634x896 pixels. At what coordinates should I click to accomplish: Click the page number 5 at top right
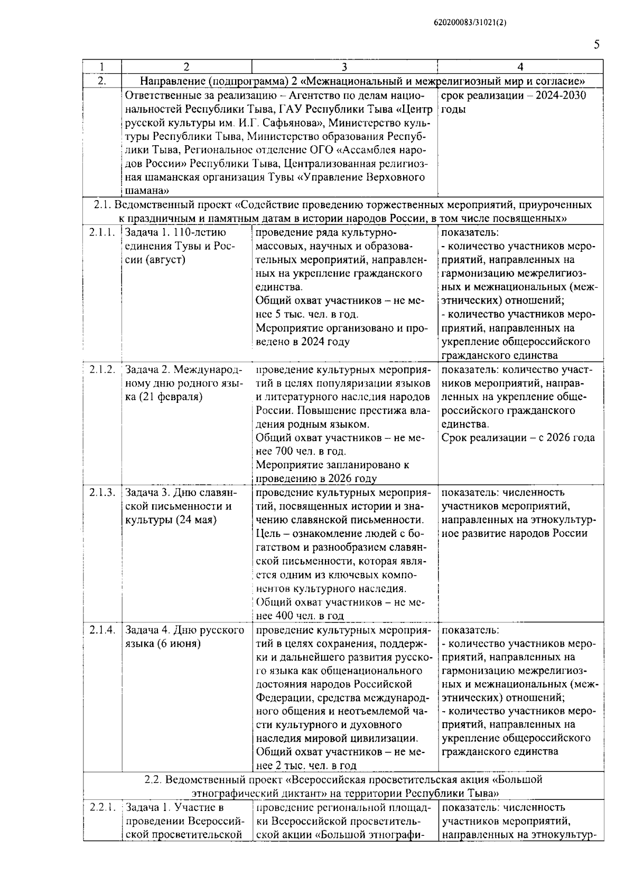click(596, 45)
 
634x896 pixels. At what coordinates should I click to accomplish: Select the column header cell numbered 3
click(344, 67)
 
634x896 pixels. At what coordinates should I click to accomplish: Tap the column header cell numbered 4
click(520, 67)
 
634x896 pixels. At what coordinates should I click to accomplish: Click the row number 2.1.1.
click(102, 232)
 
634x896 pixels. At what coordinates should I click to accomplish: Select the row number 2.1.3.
click(102, 493)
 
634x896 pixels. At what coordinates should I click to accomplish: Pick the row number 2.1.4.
click(102, 630)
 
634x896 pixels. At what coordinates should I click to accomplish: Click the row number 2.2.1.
click(102, 807)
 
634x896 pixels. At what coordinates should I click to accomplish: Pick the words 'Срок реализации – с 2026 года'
click(518, 438)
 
